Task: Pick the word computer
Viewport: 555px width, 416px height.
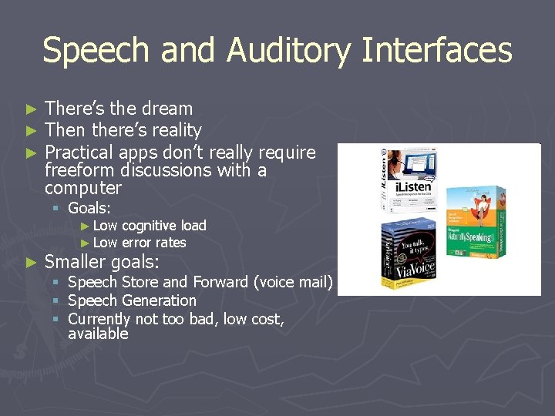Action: pyautogui.click(x=83, y=188)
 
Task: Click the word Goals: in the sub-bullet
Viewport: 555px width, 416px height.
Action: pyautogui.click(x=89, y=208)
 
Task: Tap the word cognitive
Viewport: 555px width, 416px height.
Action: pyautogui.click(x=150, y=226)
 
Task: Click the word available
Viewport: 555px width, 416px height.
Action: pyautogui.click(x=98, y=334)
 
